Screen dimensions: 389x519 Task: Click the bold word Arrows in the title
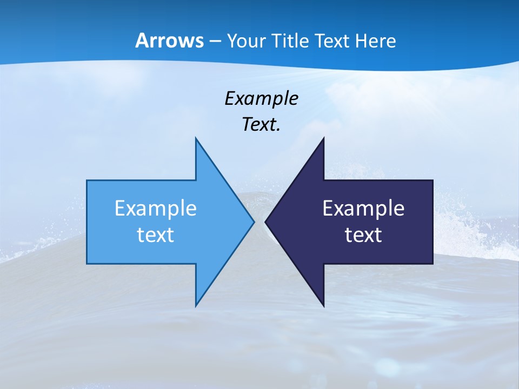(x=170, y=41)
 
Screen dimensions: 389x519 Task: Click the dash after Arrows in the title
(x=214, y=41)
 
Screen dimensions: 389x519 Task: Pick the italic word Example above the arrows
(x=261, y=98)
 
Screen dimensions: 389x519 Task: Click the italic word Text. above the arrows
(x=261, y=125)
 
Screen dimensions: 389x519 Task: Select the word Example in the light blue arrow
(x=156, y=208)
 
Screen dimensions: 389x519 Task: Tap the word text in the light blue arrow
(x=156, y=234)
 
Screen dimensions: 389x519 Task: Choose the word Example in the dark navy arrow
(x=363, y=208)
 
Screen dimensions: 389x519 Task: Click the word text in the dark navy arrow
(x=363, y=234)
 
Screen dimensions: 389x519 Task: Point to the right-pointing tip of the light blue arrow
(x=254, y=222)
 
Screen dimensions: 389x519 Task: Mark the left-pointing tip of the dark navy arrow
(x=265, y=222)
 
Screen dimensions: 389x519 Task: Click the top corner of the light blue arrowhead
(x=196, y=138)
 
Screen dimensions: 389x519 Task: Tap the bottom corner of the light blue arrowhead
(x=196, y=306)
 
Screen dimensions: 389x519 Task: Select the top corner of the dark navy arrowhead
(x=323, y=138)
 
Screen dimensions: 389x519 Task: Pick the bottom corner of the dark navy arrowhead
(x=323, y=306)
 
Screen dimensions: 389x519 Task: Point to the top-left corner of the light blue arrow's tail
(x=87, y=180)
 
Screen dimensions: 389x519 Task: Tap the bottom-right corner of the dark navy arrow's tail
(x=432, y=264)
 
